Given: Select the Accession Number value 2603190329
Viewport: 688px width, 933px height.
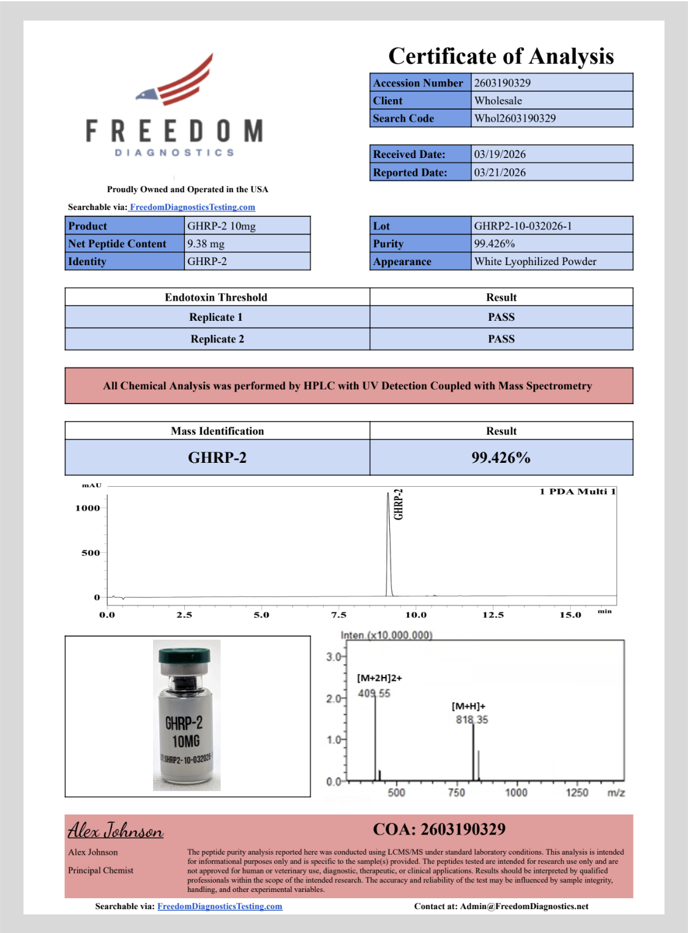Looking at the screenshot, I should tap(502, 83).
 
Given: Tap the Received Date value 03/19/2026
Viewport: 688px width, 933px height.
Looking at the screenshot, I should tap(499, 154).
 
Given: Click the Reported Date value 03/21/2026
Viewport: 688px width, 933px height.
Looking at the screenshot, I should tap(499, 173).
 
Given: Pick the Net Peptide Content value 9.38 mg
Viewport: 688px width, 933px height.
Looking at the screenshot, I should tap(206, 244).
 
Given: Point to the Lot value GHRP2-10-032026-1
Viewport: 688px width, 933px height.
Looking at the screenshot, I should tap(523, 226).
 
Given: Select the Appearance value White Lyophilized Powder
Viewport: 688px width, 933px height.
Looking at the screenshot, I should tap(535, 261).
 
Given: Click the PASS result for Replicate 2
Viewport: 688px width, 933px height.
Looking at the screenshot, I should tap(501, 339).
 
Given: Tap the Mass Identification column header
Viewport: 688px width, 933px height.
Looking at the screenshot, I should tap(217, 431).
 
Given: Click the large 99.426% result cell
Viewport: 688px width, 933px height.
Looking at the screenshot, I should tap(501, 458).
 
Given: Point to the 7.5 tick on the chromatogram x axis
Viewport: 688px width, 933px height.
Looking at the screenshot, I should tap(338, 615).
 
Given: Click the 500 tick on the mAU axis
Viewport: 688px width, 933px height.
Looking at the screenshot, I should tap(91, 553).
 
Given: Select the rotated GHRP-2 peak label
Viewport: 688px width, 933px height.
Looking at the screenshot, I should tap(398, 504).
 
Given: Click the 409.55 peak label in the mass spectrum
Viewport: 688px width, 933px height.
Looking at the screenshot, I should tap(374, 694).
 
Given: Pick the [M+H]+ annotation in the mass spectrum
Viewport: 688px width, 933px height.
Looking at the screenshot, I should tap(468, 706).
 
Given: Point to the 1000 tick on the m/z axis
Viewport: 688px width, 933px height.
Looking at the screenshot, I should tap(516, 792).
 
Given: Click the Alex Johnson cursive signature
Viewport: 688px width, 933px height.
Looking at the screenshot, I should tap(116, 831).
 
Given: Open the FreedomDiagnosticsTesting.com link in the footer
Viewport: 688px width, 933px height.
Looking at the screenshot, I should tap(220, 906).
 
